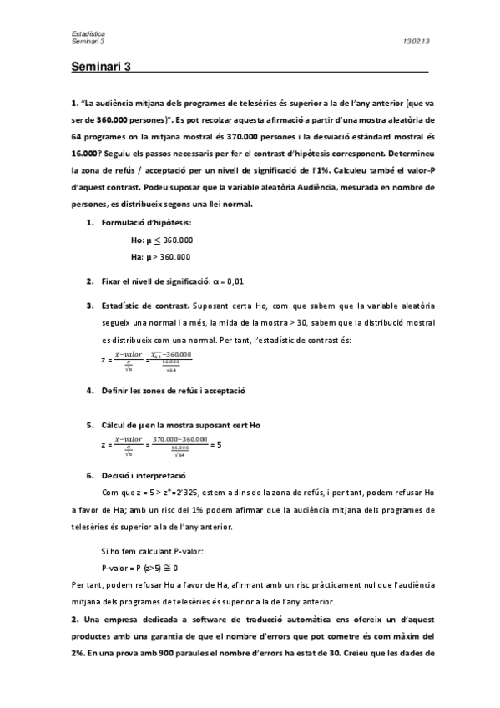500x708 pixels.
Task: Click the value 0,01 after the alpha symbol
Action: (x=235, y=281)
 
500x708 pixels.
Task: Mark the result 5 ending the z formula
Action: (x=219, y=445)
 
